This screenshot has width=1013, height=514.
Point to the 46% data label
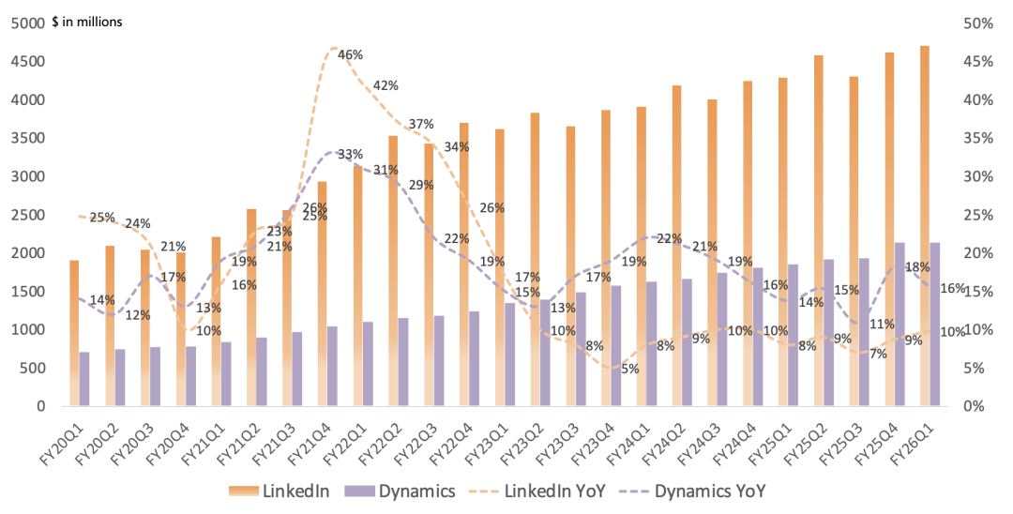350,55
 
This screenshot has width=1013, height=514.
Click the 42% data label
386,85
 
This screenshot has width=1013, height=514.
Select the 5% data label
629,369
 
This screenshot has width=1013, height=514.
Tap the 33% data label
350,155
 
